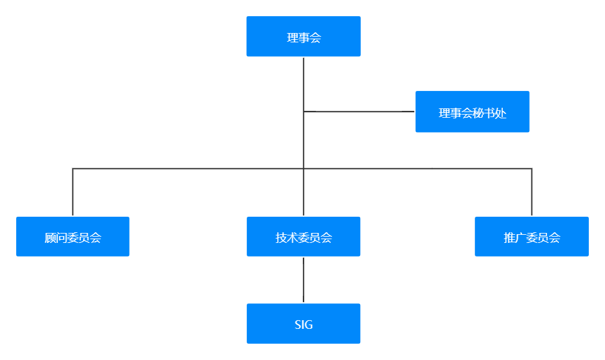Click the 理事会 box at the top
coord(303,37)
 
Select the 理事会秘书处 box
coord(472,112)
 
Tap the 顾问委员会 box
coord(73,237)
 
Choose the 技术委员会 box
coord(303,237)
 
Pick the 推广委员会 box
coord(531,237)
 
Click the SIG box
coord(303,324)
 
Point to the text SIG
coord(303,324)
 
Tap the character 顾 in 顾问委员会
coord(50,238)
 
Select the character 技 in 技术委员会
coord(281,238)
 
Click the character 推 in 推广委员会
coord(509,238)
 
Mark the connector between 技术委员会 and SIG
coord(303,280)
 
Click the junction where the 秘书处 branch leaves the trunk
coord(303,112)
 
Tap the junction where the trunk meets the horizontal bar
coord(303,168)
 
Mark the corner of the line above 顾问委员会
coord(73,168)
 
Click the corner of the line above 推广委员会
coord(531,168)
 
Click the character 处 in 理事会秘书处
coord(501,113)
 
